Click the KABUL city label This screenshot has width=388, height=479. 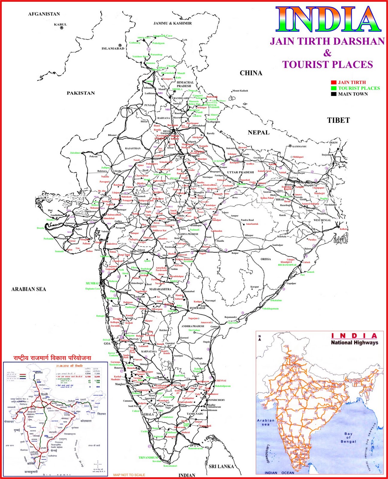[60, 25]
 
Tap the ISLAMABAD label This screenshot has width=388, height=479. [113, 48]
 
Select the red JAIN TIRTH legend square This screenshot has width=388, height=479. [334, 82]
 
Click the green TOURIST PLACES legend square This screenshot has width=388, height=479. [334, 88]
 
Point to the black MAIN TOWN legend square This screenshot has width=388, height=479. [334, 94]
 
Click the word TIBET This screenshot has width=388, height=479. [338, 120]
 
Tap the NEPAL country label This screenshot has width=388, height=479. [258, 133]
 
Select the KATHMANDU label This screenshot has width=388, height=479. [299, 146]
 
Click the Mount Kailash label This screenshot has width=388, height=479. [240, 91]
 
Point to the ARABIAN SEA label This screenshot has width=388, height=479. [29, 289]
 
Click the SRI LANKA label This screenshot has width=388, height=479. [221, 466]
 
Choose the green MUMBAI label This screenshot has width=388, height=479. [92, 283]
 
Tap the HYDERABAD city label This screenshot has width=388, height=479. [197, 308]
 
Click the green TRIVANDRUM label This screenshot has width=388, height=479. [148, 458]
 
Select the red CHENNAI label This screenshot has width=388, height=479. [221, 381]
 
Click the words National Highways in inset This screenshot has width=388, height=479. [354, 342]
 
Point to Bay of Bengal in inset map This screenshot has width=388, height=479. [348, 437]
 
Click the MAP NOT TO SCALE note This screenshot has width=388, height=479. [129, 475]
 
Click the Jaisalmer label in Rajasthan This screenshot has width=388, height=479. [75, 153]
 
